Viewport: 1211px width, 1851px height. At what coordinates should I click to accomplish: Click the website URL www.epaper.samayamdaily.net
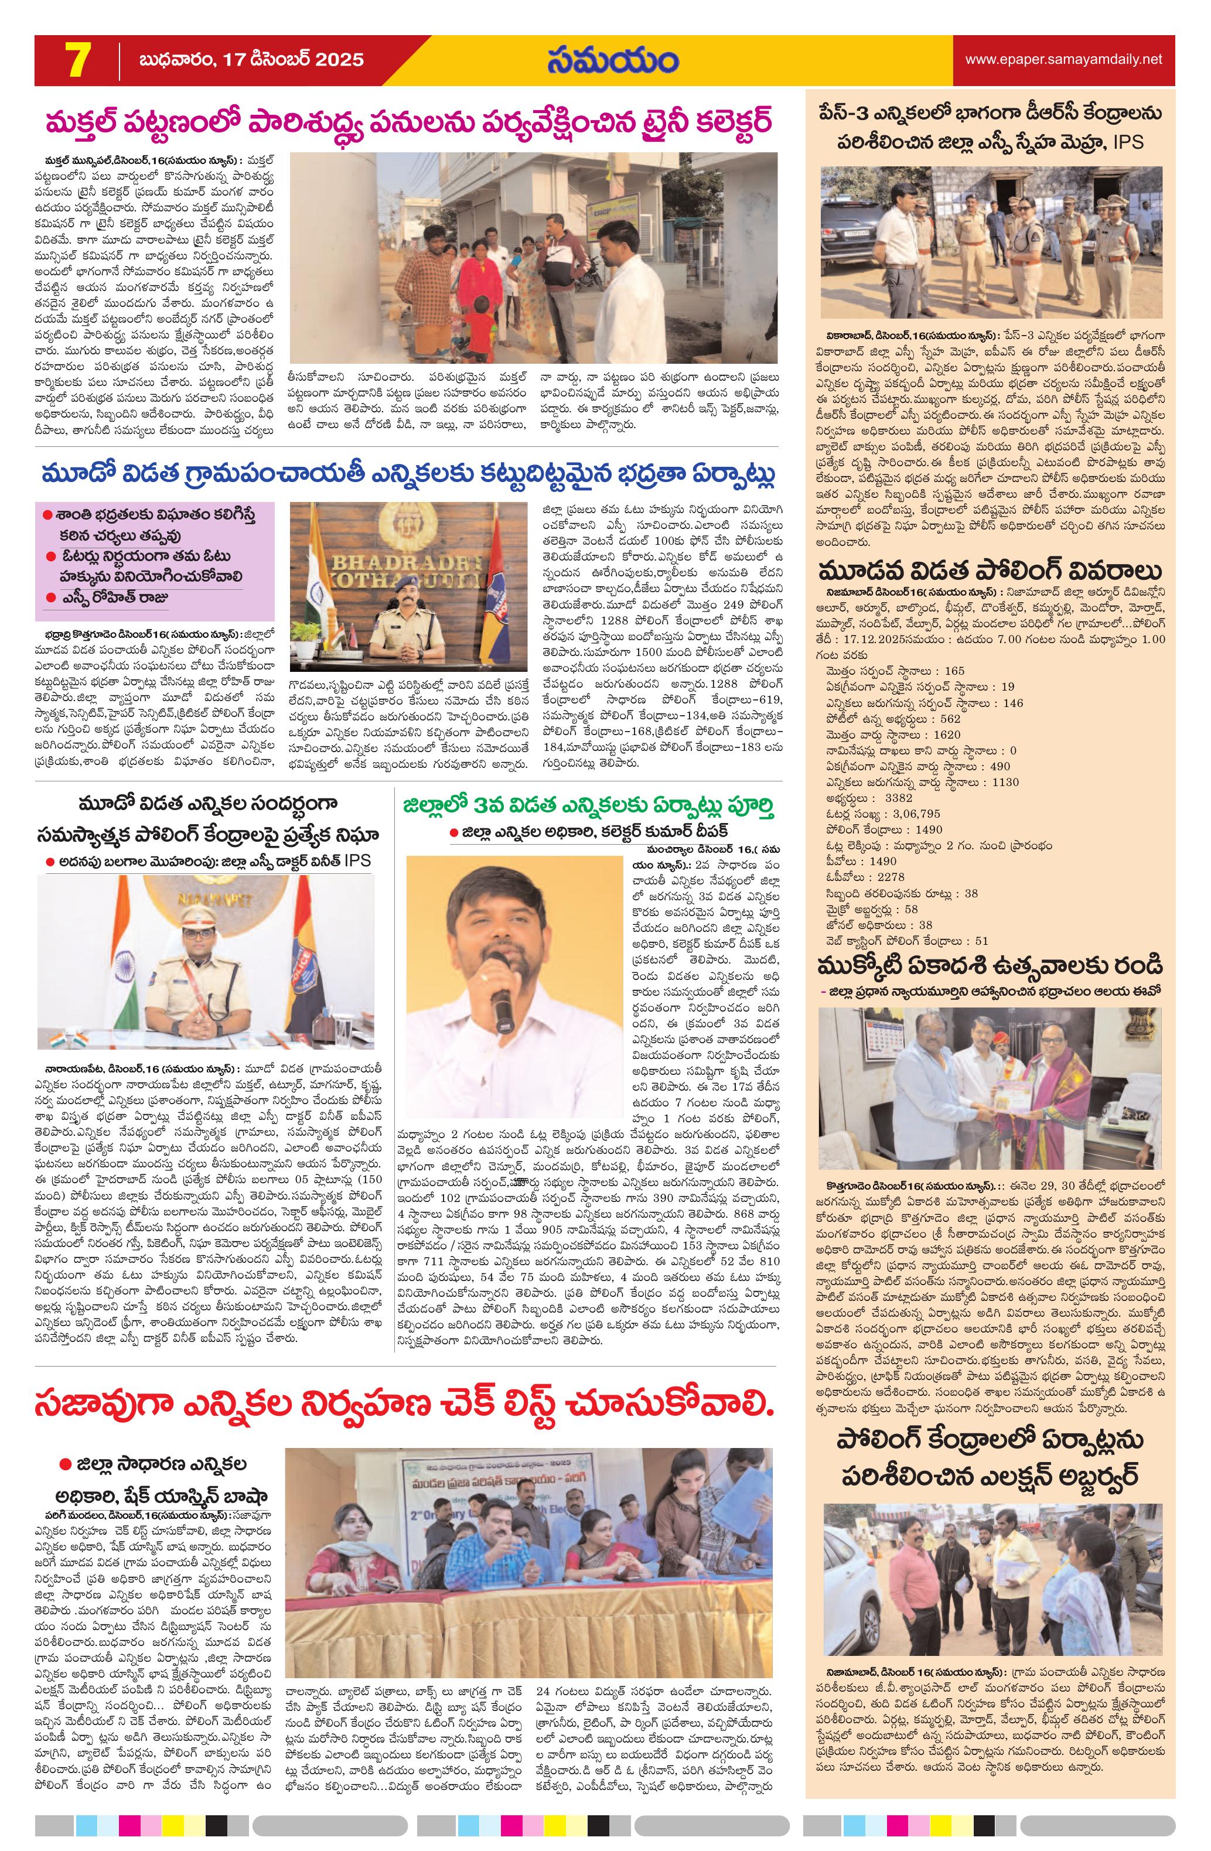pyautogui.click(x=1063, y=59)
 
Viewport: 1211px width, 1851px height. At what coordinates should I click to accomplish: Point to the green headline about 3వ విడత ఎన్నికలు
pyautogui.click(x=589, y=806)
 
